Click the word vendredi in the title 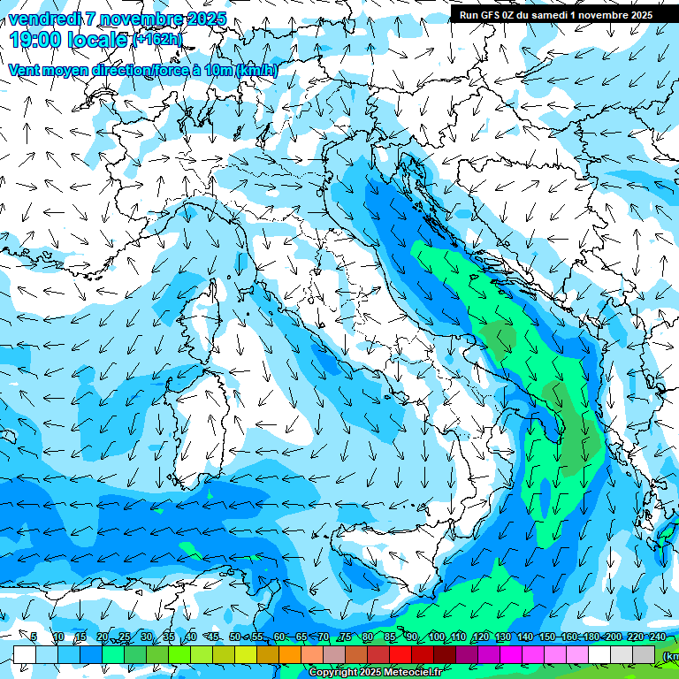point(44,19)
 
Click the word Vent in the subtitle point(25,70)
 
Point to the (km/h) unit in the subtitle point(256,70)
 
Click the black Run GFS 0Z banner point(555,14)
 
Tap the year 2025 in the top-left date point(205,19)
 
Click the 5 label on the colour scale point(34,637)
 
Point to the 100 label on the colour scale point(436,637)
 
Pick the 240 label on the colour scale point(658,637)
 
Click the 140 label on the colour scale point(525,637)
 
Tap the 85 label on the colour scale point(391,637)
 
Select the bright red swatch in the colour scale point(402,654)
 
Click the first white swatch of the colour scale point(25,654)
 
